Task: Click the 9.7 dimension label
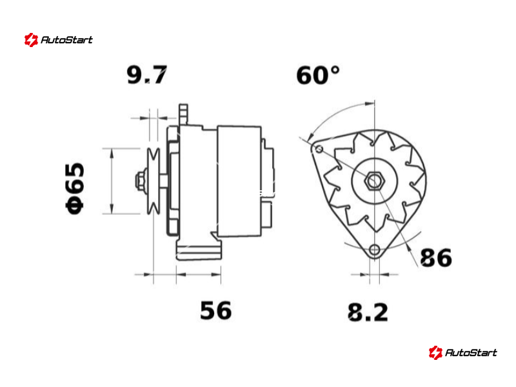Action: tap(147, 75)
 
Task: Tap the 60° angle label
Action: tap(318, 75)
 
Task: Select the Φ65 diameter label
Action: tap(75, 188)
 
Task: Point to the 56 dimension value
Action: tap(216, 310)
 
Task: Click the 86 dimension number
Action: tap(436, 257)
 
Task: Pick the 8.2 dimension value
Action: tap(368, 312)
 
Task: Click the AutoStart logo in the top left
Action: tap(58, 40)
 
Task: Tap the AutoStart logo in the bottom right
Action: tap(462, 352)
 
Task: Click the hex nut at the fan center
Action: tap(374, 181)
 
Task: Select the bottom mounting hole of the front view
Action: tap(375, 250)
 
